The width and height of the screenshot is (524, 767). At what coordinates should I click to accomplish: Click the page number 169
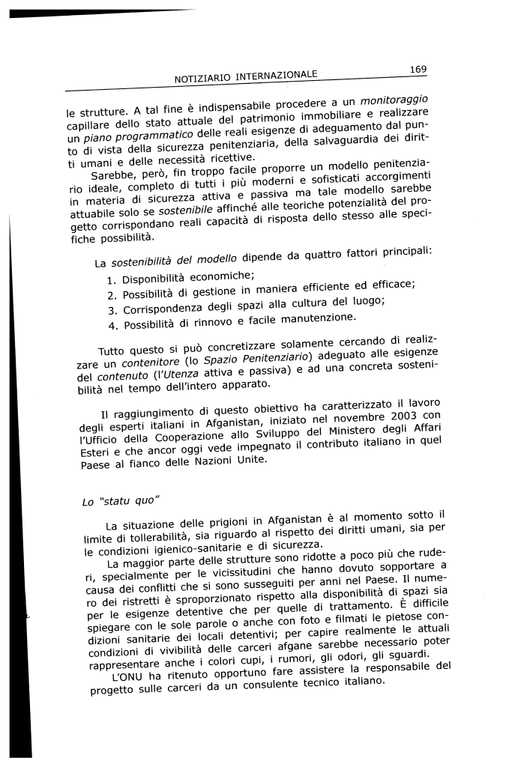click(418, 70)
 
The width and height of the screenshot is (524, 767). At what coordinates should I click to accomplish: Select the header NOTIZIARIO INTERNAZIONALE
click(246, 76)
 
